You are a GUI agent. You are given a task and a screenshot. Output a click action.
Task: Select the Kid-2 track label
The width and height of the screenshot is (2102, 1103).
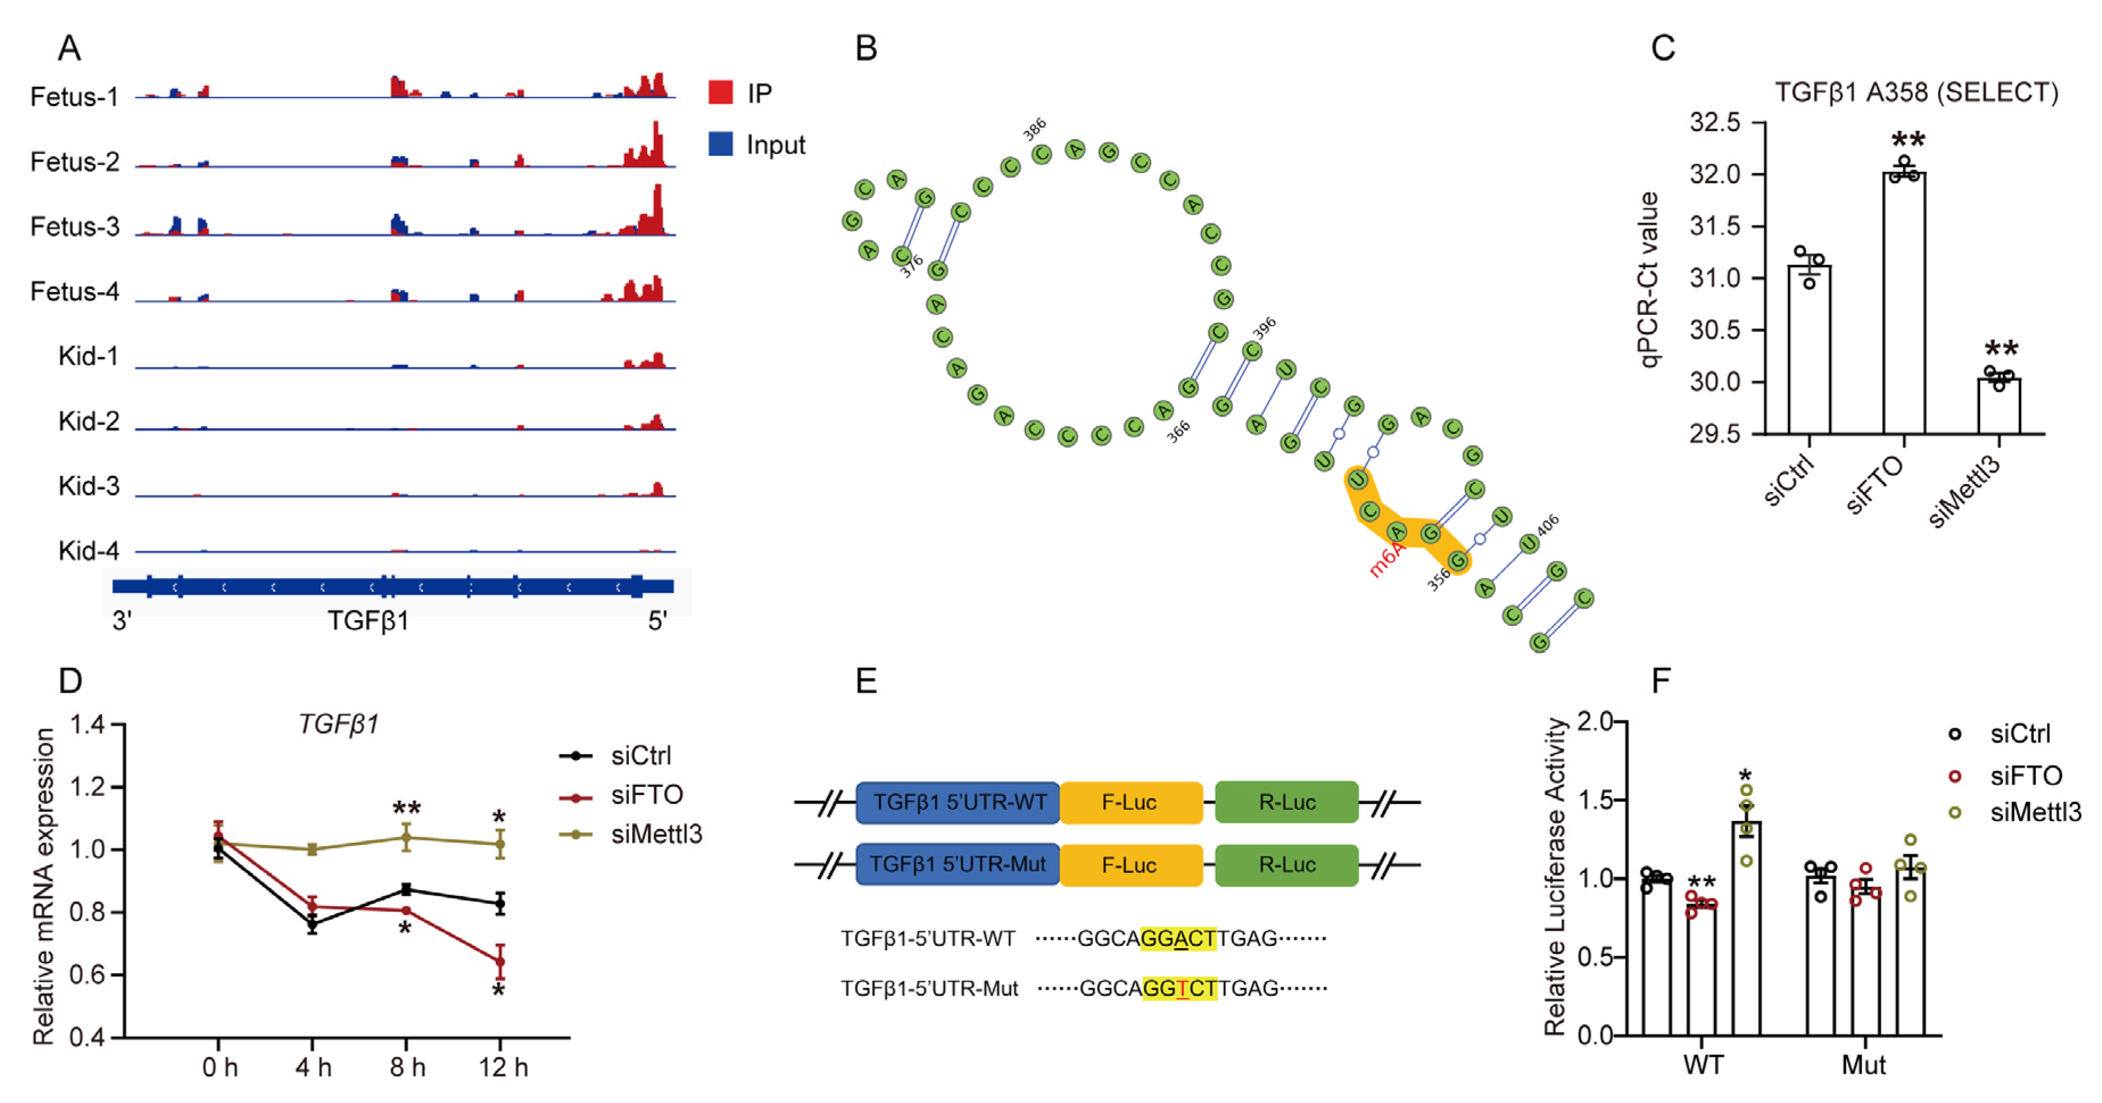(88, 421)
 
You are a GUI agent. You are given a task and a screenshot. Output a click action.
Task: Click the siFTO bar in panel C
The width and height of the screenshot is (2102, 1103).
(1904, 302)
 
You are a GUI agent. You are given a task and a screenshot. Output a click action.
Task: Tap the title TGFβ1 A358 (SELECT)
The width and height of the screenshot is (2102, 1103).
(1916, 92)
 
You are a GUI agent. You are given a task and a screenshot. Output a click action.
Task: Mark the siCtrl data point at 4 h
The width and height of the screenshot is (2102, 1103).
(312, 924)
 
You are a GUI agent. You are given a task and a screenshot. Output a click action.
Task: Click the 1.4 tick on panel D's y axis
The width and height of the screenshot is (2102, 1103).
(89, 724)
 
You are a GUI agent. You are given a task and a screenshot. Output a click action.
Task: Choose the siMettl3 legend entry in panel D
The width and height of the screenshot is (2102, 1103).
(655, 834)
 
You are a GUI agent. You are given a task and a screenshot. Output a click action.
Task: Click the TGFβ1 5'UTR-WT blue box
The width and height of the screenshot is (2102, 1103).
(958, 802)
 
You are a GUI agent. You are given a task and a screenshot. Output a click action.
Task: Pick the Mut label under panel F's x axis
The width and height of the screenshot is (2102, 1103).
(1863, 1065)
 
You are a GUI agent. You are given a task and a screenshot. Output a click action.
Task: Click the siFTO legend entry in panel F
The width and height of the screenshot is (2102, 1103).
(2025, 775)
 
